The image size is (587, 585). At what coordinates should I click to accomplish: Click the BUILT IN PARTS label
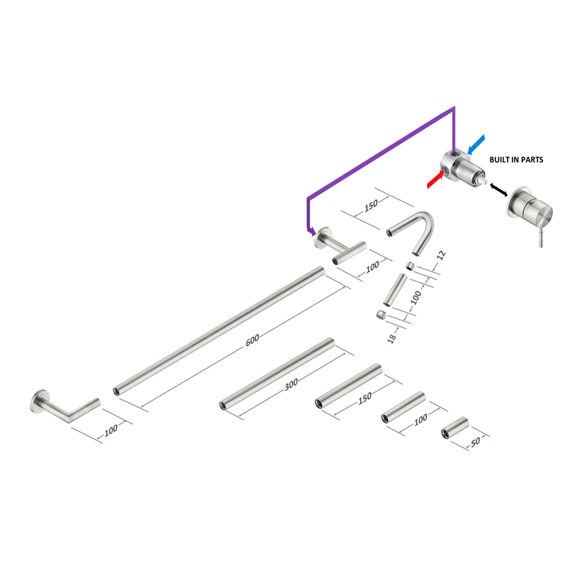(516, 159)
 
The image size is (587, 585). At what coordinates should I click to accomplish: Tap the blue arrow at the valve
(476, 145)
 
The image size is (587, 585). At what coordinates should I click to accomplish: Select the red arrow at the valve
(435, 179)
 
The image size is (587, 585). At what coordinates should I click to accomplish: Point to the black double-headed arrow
(499, 189)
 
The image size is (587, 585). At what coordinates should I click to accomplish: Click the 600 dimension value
(252, 340)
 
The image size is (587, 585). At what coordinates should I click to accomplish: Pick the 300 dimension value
(291, 384)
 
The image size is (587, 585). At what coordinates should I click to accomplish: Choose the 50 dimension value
(475, 442)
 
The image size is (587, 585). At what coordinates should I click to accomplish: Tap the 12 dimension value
(442, 255)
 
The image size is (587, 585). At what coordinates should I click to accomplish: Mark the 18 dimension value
(392, 338)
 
